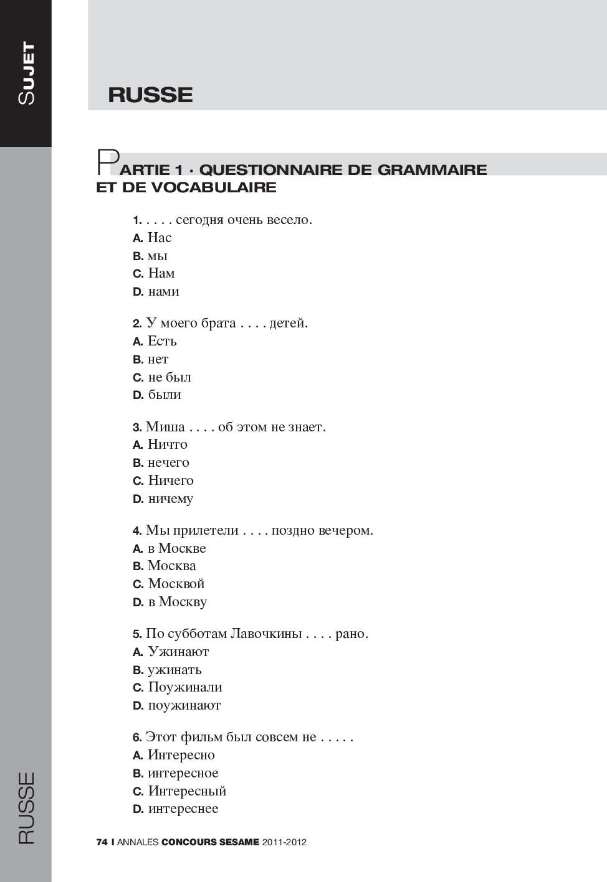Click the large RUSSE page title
(150, 95)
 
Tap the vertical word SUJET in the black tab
(26, 73)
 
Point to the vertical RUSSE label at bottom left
(26, 807)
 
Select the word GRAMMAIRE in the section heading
(432, 170)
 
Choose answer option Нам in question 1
(161, 273)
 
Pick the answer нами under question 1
(163, 291)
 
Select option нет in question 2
(158, 359)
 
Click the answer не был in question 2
(170, 377)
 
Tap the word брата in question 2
(217, 323)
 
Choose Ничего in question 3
(171, 481)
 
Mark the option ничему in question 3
(170, 499)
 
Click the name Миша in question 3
(165, 427)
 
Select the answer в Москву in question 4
(177, 602)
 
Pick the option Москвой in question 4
(176, 584)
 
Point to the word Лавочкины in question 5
(266, 634)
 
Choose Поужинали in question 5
(185, 687)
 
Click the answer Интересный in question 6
(187, 791)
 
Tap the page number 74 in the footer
(102, 842)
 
